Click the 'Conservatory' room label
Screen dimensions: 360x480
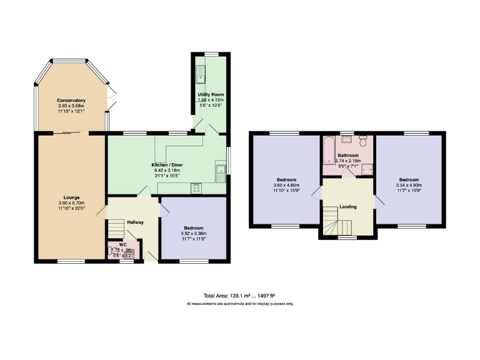(71, 101)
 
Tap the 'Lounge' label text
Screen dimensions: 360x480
(71, 197)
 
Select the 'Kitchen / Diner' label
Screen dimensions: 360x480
(166, 165)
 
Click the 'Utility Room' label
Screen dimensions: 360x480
(211, 94)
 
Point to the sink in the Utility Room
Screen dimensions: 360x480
(201, 77)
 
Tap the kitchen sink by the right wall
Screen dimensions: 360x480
(219, 172)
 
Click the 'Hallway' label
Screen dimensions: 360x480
(136, 222)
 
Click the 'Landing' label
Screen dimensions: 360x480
(347, 206)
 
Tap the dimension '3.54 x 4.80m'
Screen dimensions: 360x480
(409, 185)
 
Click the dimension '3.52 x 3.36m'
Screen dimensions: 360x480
(194, 234)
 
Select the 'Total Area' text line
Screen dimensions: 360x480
(240, 295)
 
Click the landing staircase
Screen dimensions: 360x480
(331, 221)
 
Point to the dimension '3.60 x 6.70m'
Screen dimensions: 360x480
(71, 203)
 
